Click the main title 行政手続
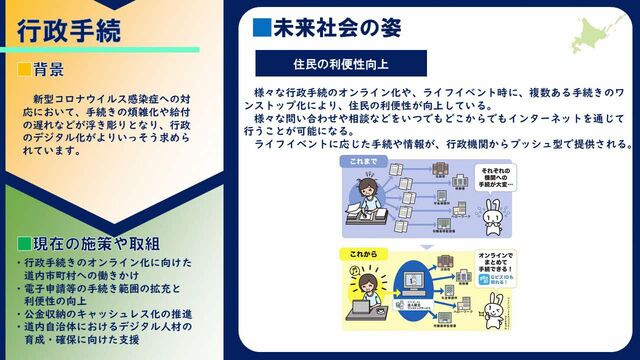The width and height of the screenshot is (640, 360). point(69,29)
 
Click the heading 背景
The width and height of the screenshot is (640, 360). point(49,70)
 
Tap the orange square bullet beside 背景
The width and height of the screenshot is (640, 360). point(24,70)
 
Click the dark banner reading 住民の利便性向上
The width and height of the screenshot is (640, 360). point(339,63)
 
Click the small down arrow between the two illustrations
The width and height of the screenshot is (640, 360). point(421,244)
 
